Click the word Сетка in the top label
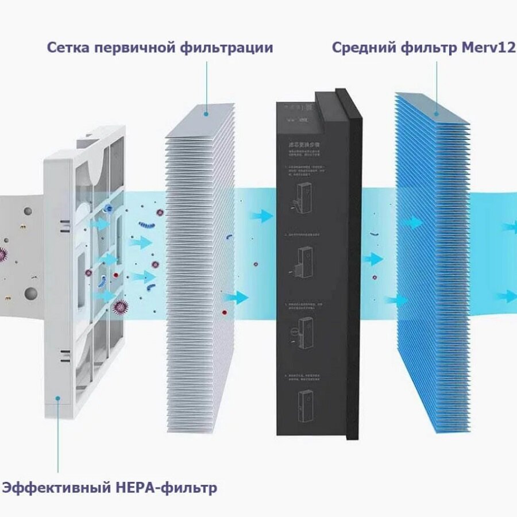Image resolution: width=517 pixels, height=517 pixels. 68,48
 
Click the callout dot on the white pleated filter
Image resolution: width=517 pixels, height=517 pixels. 206,114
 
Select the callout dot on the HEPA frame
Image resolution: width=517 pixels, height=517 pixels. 58,398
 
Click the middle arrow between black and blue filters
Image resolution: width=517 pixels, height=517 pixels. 373,259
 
